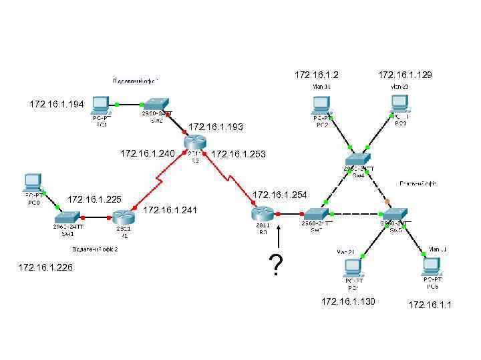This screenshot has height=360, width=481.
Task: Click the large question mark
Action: click(273, 265)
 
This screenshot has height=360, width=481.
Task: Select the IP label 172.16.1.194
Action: click(57, 105)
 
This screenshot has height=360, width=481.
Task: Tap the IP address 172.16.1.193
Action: click(216, 127)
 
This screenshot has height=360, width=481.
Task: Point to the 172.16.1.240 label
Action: click(147, 154)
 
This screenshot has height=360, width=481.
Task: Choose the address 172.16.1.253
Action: click(238, 155)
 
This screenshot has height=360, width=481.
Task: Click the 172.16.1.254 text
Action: click(280, 195)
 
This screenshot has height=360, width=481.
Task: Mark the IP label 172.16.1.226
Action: click(46, 267)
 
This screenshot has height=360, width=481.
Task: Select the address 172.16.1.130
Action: click(349, 302)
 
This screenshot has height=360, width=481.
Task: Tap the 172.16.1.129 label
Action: click(405, 75)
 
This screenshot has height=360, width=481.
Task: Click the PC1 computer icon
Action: click(101, 105)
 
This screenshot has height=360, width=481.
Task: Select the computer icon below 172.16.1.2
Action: click(321, 105)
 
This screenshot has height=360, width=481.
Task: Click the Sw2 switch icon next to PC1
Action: click(157, 104)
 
